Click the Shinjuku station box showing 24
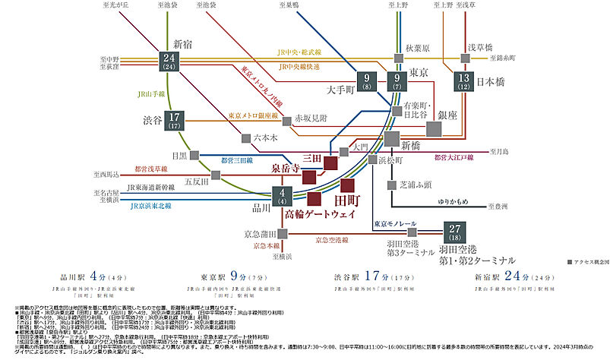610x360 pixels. click(x=170, y=63)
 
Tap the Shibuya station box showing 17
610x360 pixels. click(x=175, y=121)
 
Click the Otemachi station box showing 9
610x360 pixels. click(x=368, y=81)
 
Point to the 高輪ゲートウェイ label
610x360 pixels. click(x=320, y=216)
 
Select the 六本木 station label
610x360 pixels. click(x=267, y=138)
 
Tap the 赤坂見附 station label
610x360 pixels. click(x=311, y=118)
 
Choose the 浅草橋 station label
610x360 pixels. click(x=480, y=45)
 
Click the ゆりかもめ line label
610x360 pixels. click(x=453, y=201)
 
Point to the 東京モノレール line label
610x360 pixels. click(x=394, y=223)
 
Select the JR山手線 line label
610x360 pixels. click(x=152, y=94)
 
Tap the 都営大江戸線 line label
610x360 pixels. click(x=454, y=157)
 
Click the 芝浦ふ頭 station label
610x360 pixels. click(x=416, y=185)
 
